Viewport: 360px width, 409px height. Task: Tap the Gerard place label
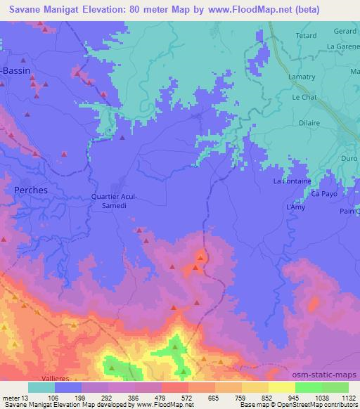tap(345, 32)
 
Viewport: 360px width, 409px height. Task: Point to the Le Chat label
tap(305, 97)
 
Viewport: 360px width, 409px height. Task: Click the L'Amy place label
tap(295, 208)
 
